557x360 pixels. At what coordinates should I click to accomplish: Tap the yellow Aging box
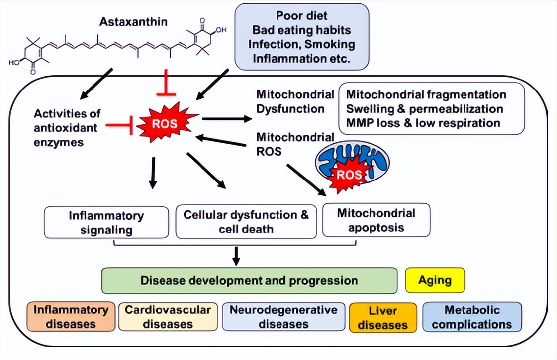[x=435, y=280]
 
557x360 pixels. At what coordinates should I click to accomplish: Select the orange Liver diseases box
[x=383, y=318]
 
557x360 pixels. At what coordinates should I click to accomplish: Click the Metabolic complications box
[x=471, y=317]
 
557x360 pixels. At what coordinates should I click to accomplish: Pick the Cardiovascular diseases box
[x=168, y=317]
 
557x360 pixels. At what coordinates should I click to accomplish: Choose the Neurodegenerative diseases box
[x=283, y=317]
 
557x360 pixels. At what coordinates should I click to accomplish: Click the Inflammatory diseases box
[x=71, y=317]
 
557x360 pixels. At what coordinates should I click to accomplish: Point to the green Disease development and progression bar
[x=249, y=280]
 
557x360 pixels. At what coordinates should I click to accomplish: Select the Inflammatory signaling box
[x=106, y=222]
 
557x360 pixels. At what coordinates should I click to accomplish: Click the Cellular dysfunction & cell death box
[x=246, y=222]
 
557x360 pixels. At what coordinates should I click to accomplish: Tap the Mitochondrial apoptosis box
[x=376, y=221]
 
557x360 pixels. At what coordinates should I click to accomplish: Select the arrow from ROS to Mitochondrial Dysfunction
[x=227, y=118]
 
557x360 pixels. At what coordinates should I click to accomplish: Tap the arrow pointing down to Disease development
[x=236, y=255]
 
